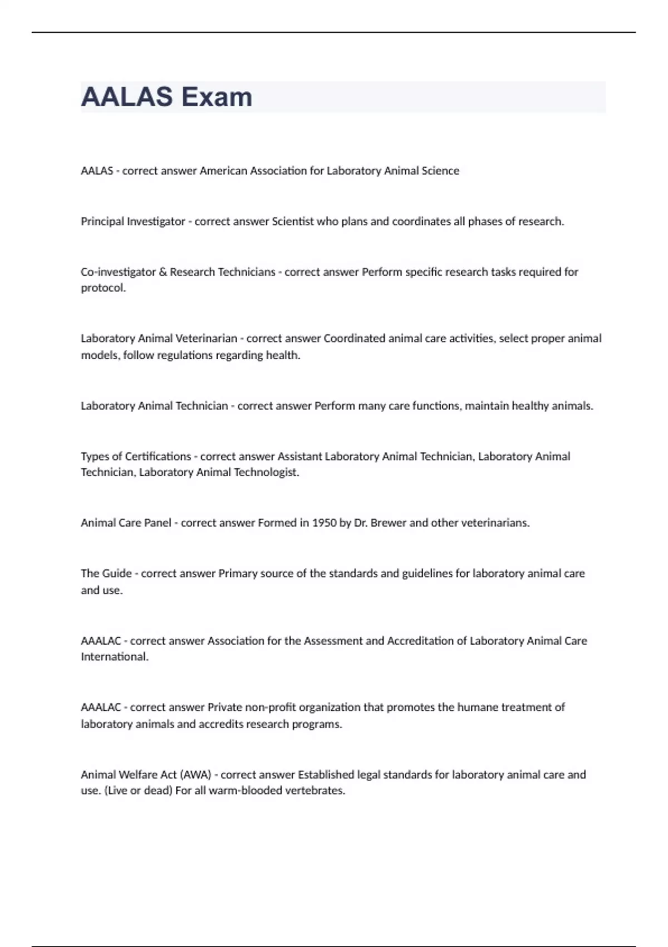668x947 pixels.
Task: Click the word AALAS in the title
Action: pos(127,97)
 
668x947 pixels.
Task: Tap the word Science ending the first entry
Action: pos(440,170)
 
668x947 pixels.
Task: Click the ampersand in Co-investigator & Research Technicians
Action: pos(163,272)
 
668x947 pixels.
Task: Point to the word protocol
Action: pos(103,288)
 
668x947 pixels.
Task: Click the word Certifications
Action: pos(158,456)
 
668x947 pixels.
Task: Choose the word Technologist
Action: pos(266,472)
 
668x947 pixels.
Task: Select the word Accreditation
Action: pos(420,641)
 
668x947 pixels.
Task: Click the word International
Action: pos(115,657)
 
